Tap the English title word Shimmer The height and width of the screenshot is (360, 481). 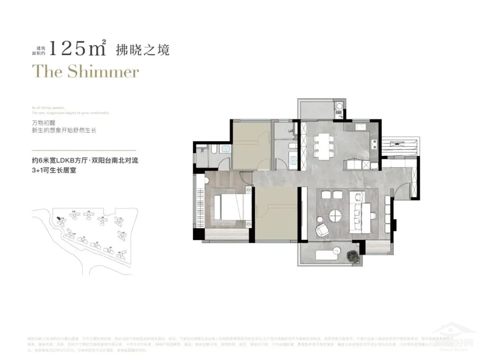[103, 72]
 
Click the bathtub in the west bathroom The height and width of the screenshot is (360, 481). [224, 149]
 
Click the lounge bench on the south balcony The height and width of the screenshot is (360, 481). [328, 255]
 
